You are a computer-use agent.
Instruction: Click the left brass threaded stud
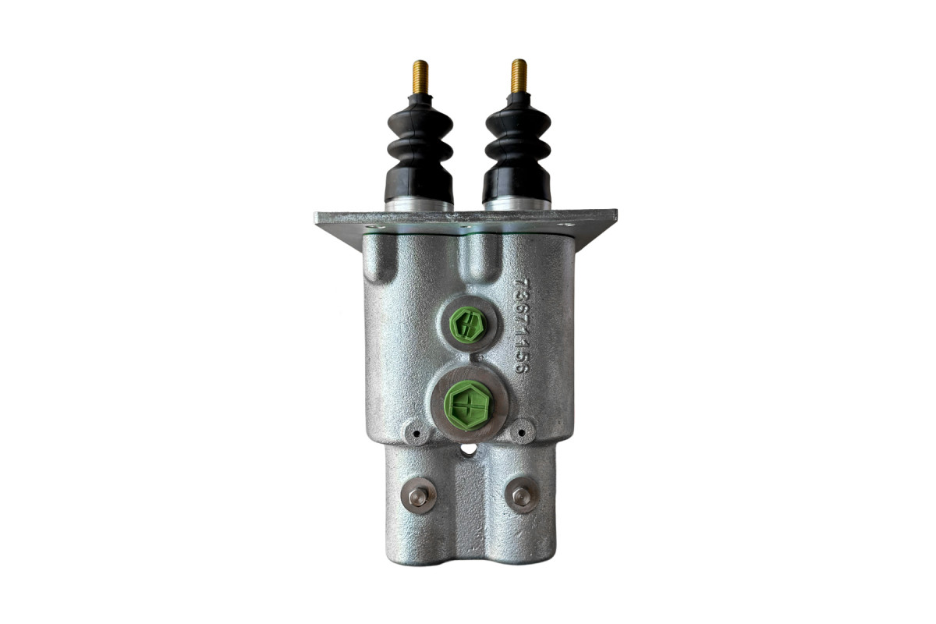(420, 79)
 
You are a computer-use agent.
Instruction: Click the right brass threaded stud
(519, 78)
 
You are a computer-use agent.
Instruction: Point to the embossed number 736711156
(523, 325)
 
